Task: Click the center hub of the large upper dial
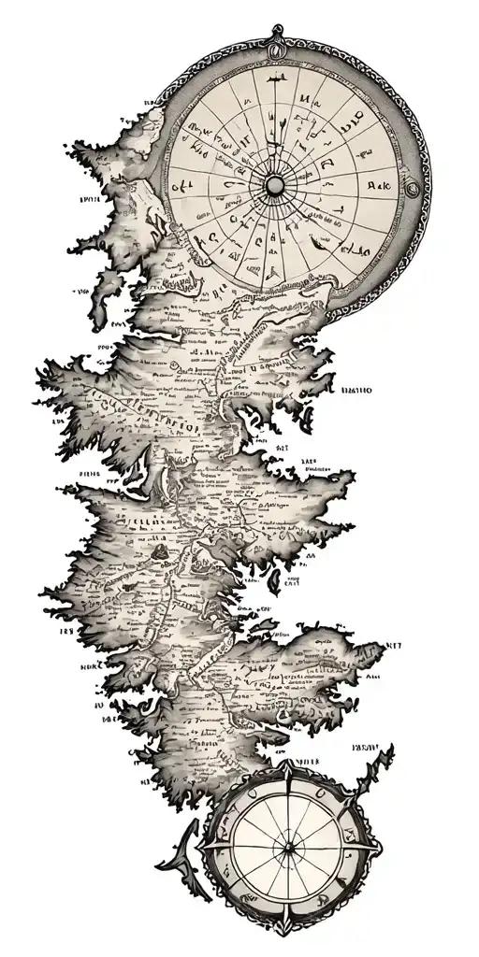[x=276, y=186]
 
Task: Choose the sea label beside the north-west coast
[x=91, y=199]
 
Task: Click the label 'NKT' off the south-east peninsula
[x=393, y=644]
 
